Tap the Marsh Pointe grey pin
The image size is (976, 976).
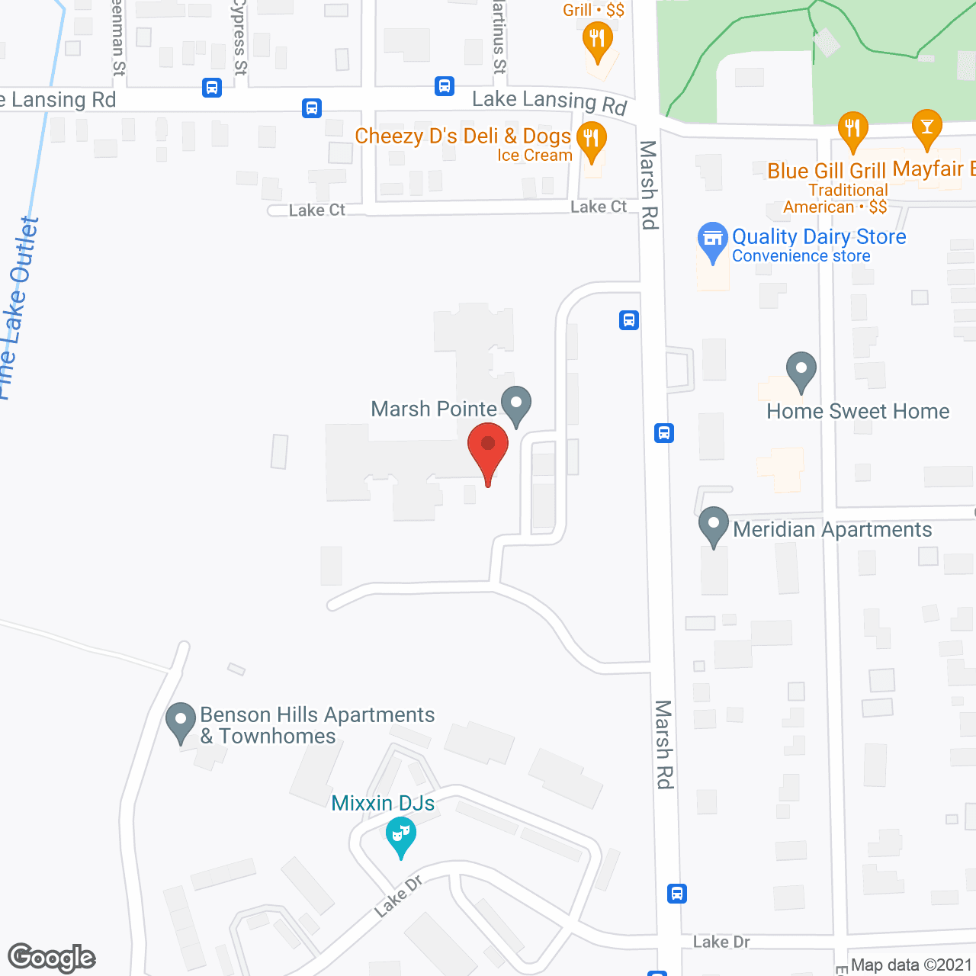(516, 404)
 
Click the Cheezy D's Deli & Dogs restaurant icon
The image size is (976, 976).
(591, 140)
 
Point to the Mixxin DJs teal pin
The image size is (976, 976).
(400, 835)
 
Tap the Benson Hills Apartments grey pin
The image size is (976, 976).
(181, 721)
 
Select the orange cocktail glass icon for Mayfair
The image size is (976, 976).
(926, 127)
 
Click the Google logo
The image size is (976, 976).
(51, 958)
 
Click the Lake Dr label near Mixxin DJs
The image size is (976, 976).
(398, 897)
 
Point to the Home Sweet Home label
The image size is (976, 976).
(858, 412)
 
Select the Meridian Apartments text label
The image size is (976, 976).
(833, 530)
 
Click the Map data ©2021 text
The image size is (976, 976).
(911, 965)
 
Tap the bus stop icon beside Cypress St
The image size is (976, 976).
(212, 88)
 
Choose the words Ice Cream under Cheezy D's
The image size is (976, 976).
(535, 156)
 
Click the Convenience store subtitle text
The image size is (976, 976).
(801, 256)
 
